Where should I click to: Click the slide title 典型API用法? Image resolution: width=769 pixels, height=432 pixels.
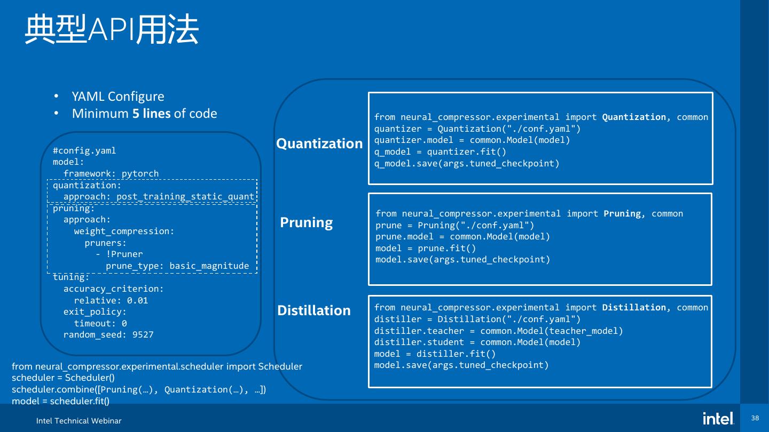click(112, 29)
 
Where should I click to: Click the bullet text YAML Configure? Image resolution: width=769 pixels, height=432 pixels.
click(118, 97)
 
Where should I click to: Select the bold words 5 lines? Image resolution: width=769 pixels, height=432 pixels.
click(152, 114)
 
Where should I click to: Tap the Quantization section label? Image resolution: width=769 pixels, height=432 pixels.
click(319, 143)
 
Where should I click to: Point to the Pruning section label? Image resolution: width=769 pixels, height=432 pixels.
click(307, 222)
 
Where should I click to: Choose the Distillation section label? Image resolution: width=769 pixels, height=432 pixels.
click(314, 310)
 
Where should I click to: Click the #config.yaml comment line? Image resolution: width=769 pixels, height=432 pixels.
click(84, 150)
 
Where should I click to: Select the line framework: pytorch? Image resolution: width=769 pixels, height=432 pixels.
click(111, 173)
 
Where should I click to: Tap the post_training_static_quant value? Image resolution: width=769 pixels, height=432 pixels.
click(185, 196)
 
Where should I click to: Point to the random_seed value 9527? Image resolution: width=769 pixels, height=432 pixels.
click(143, 335)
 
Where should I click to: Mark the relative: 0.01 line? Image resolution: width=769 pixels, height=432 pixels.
click(111, 300)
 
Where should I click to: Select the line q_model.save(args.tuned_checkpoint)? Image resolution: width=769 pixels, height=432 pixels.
click(467, 164)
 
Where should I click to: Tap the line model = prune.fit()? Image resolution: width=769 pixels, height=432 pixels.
click(426, 248)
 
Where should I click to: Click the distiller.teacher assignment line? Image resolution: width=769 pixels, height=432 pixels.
click(498, 331)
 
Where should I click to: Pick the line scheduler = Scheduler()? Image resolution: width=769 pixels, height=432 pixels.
click(63, 378)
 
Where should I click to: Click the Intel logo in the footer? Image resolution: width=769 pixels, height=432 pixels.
click(718, 419)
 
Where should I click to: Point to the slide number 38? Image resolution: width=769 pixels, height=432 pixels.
click(755, 418)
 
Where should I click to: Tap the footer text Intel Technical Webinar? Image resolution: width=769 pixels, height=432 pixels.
click(79, 421)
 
